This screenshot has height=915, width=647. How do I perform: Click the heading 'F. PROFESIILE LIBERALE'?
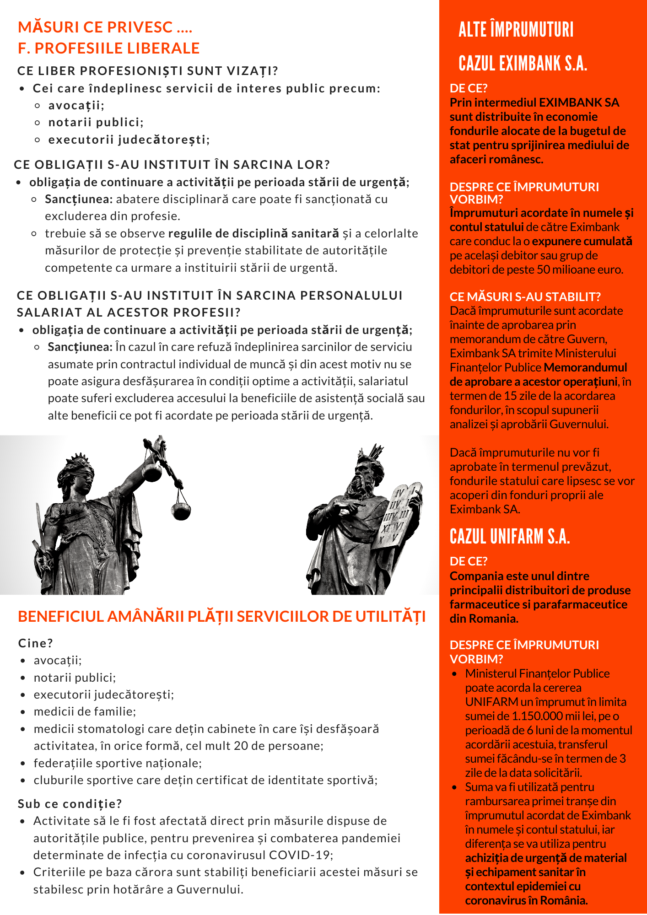(x=109, y=48)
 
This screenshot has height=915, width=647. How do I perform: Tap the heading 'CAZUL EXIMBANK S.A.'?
(x=523, y=63)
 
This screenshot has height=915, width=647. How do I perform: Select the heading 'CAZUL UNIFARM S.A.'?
(x=510, y=536)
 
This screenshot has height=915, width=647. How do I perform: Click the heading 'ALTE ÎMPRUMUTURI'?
(x=516, y=29)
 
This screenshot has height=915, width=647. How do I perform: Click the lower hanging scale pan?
(x=181, y=511)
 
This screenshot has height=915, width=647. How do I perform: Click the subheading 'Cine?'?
(x=36, y=643)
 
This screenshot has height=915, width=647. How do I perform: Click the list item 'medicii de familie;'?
(x=85, y=711)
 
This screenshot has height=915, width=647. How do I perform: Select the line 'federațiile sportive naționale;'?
(x=118, y=763)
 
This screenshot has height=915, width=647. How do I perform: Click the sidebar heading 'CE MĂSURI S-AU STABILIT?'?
(x=525, y=296)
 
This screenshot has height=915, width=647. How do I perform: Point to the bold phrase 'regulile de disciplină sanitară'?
(x=254, y=233)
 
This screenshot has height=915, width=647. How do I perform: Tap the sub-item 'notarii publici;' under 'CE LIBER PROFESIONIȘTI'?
(x=96, y=122)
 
